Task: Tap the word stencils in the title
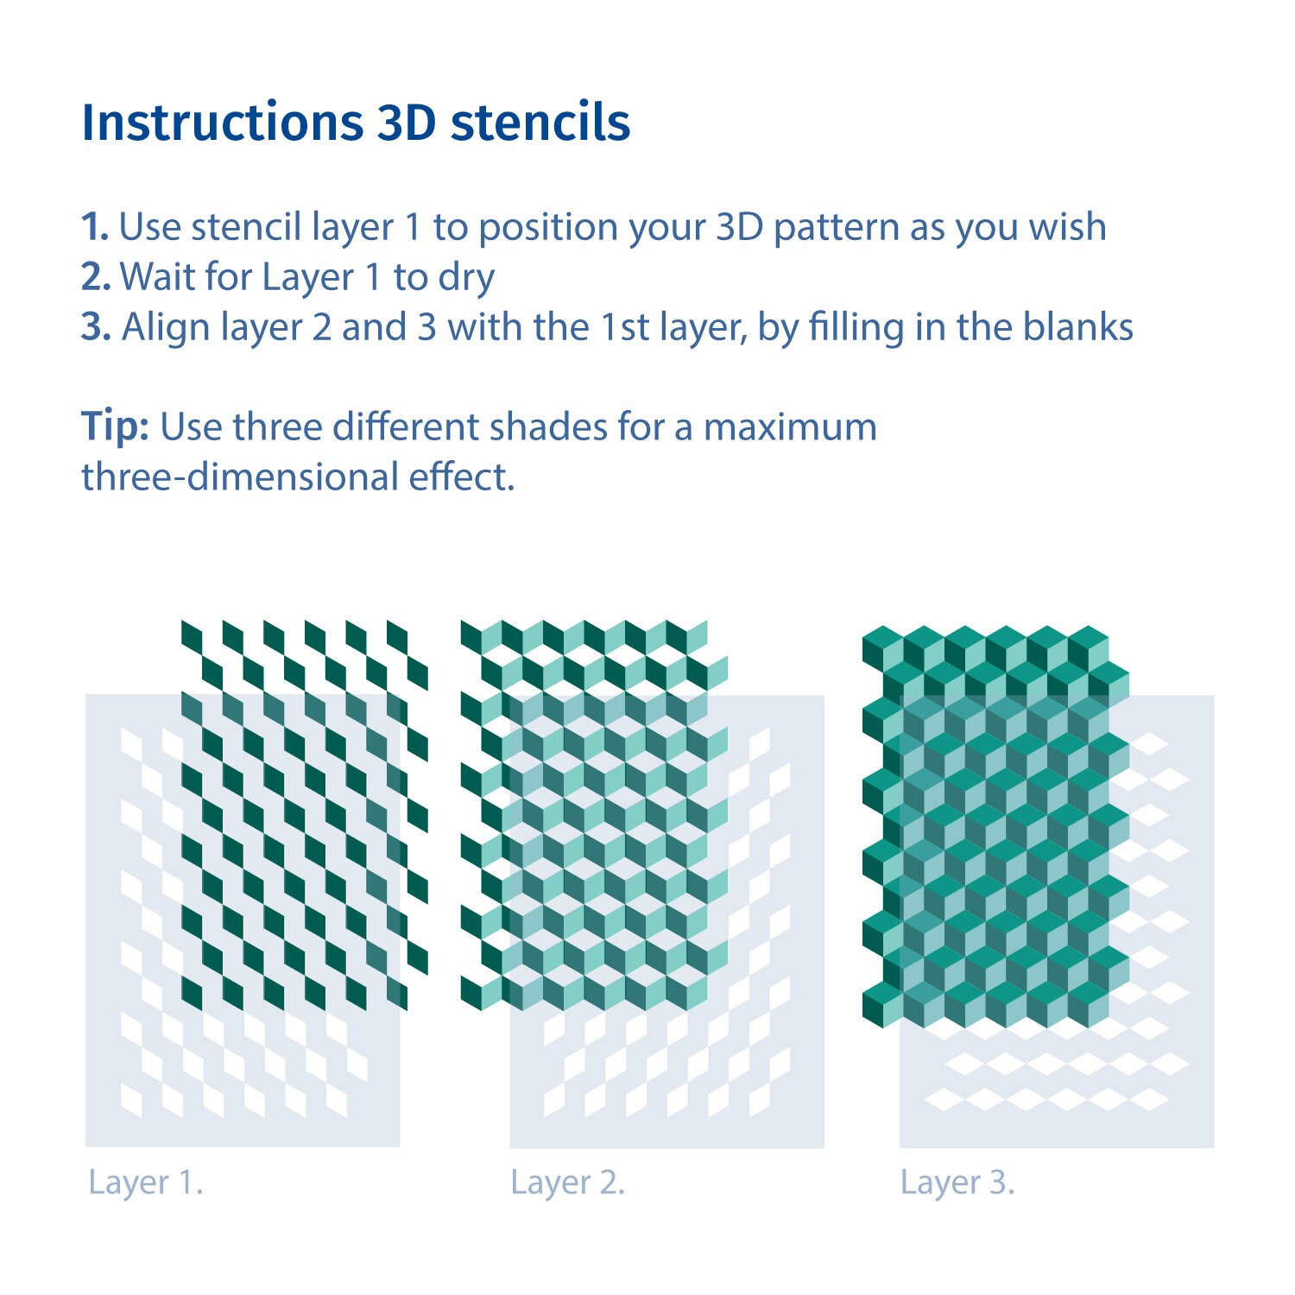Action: click(540, 123)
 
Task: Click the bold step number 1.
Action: click(94, 227)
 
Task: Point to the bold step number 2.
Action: click(95, 277)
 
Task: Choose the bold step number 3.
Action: click(95, 327)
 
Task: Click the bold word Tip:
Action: click(115, 426)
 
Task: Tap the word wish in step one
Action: click(1067, 227)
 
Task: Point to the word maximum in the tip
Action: click(790, 426)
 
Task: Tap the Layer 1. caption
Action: click(145, 1182)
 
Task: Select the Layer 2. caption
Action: click(567, 1182)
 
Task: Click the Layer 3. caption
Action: click(957, 1182)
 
